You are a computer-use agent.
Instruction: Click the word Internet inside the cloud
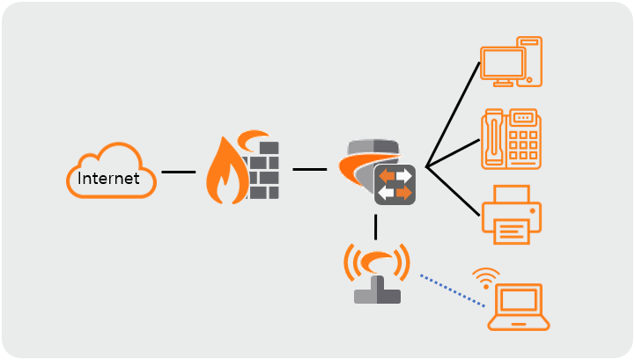tap(109, 179)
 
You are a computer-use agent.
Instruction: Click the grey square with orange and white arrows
tap(394, 184)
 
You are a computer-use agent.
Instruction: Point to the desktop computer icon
tap(511, 62)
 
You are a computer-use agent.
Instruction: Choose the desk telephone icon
tap(511, 138)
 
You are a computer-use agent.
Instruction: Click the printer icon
tap(511, 214)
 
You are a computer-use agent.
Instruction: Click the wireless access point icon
tap(376, 273)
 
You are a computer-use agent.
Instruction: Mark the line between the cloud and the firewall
tap(179, 173)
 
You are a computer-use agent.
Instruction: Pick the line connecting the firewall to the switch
tap(310, 169)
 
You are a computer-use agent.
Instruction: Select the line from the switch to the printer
tap(453, 189)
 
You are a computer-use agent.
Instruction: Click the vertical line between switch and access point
tap(376, 227)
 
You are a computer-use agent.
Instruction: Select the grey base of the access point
tap(376, 294)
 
